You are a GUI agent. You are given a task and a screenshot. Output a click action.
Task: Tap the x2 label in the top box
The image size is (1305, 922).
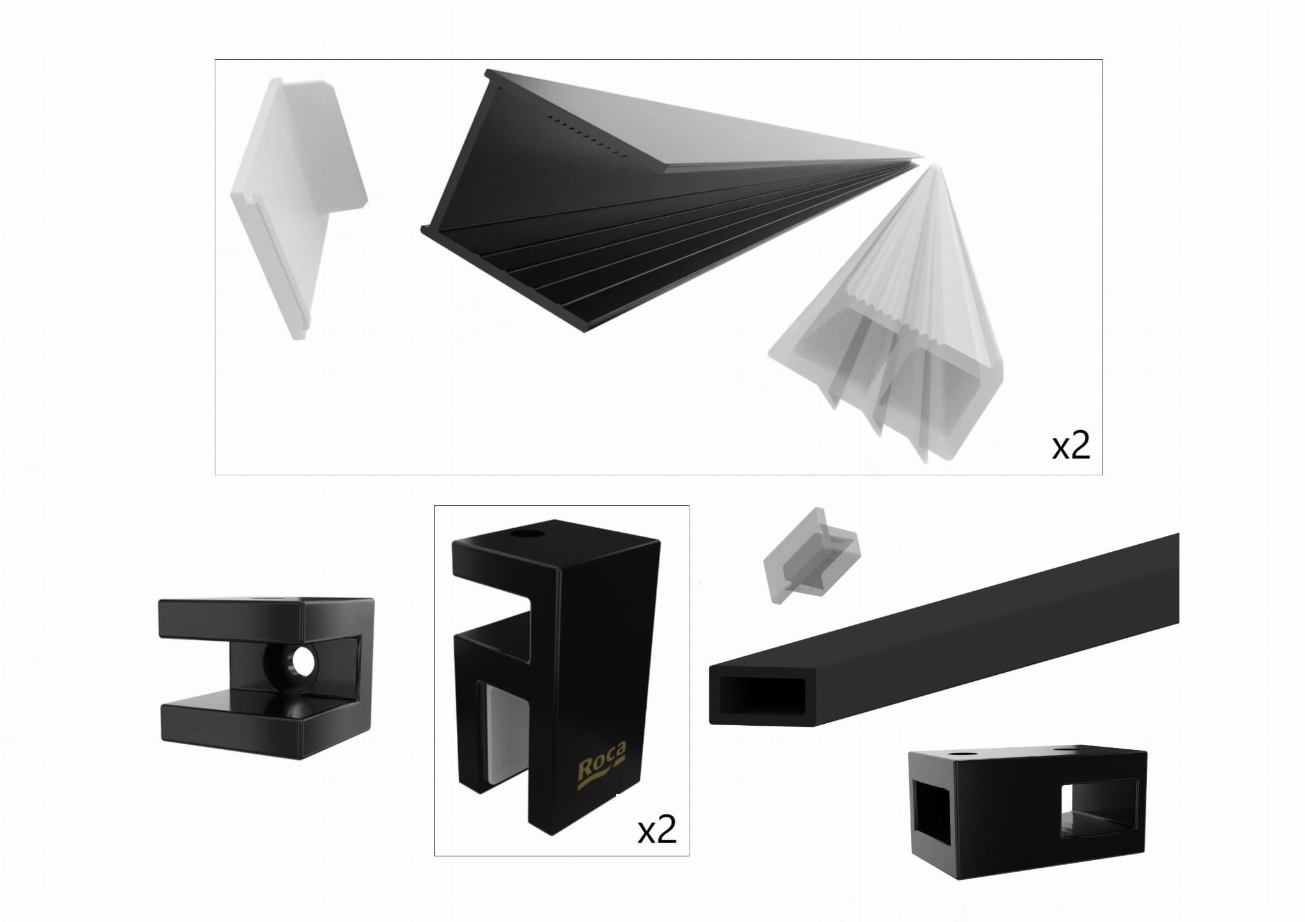point(1071,447)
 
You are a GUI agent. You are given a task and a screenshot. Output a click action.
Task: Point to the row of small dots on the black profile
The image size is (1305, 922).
point(589,136)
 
